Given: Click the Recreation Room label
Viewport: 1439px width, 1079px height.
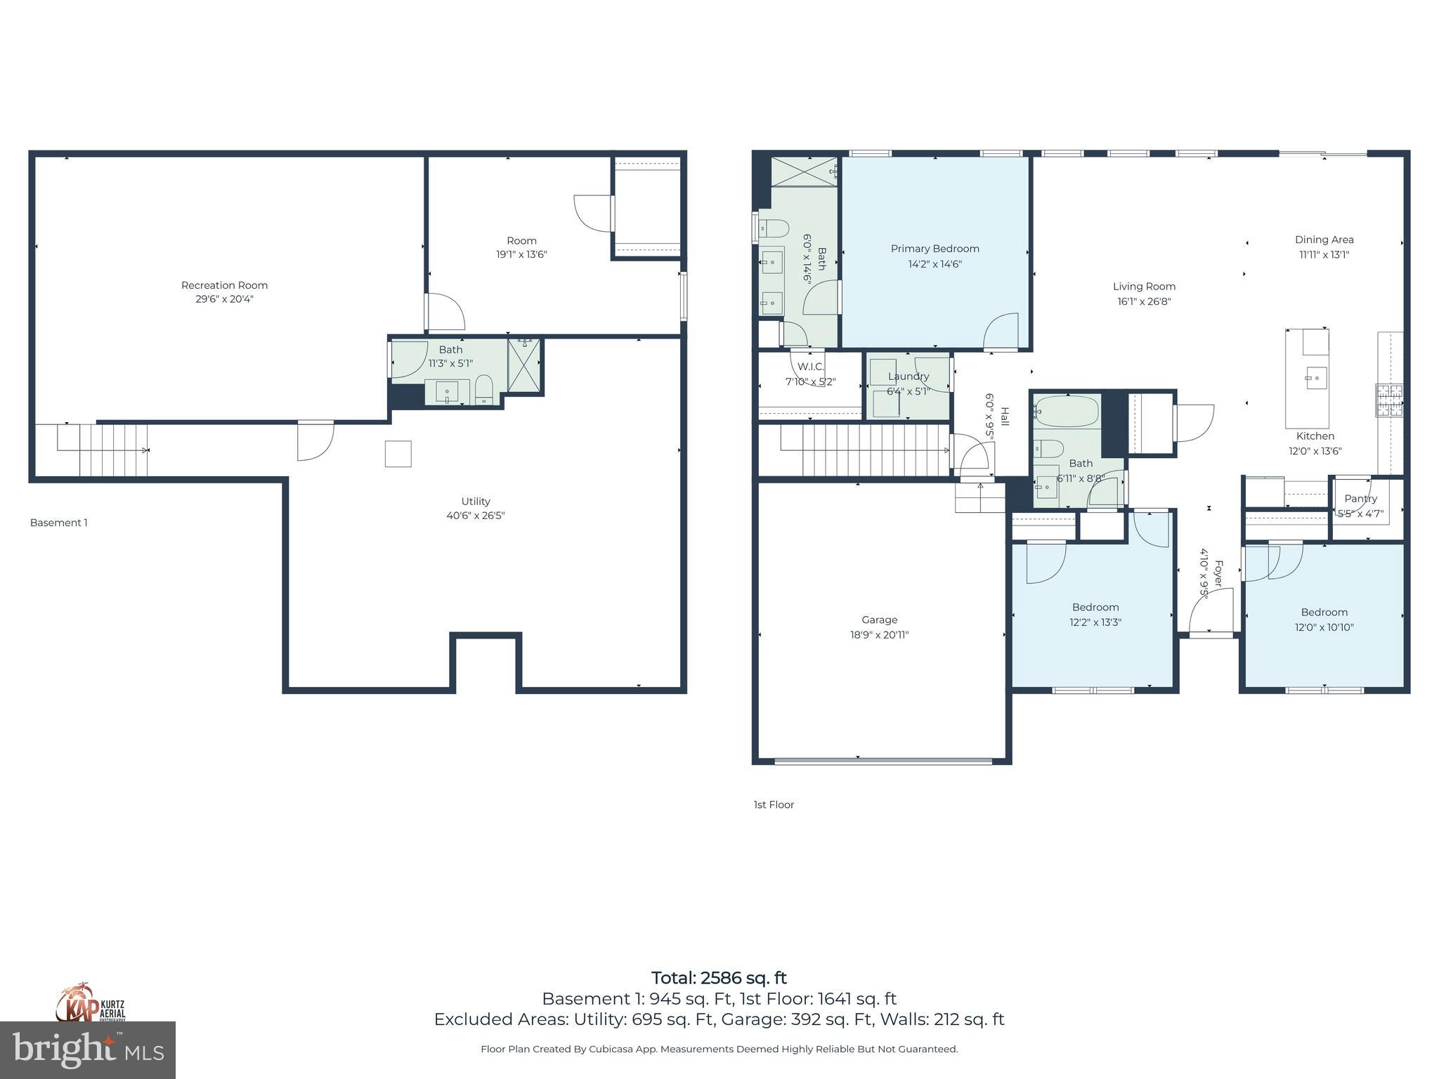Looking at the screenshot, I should pyautogui.click(x=224, y=285).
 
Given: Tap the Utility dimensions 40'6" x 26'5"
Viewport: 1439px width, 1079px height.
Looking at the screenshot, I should pyautogui.click(x=476, y=516).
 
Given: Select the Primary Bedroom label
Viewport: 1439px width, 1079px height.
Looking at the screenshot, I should pyautogui.click(x=935, y=249).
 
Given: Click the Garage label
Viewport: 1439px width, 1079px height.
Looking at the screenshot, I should pyautogui.click(x=879, y=620).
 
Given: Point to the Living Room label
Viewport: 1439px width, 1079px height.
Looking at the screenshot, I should pyautogui.click(x=1144, y=287).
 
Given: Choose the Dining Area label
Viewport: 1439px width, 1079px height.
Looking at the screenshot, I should pyautogui.click(x=1324, y=240).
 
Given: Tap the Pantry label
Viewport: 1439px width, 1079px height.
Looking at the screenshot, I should pyautogui.click(x=1360, y=499).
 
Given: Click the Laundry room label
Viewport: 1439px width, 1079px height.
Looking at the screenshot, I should pyautogui.click(x=908, y=377).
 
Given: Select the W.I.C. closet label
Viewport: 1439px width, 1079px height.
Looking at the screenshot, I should pyautogui.click(x=810, y=367).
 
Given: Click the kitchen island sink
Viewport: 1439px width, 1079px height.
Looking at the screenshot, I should pyautogui.click(x=1316, y=378).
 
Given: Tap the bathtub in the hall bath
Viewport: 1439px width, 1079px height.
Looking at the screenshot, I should pyautogui.click(x=1066, y=412).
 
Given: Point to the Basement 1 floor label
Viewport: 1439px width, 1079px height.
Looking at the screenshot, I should pyautogui.click(x=59, y=523).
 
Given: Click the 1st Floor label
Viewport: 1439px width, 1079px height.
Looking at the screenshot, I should pyautogui.click(x=774, y=804).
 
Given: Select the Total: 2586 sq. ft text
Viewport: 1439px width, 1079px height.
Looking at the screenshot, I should pyautogui.click(x=719, y=978).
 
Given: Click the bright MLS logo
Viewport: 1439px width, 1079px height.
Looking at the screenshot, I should pyautogui.click(x=88, y=1050).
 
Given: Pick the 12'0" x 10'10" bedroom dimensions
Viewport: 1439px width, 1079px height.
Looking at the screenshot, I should pyautogui.click(x=1324, y=627).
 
